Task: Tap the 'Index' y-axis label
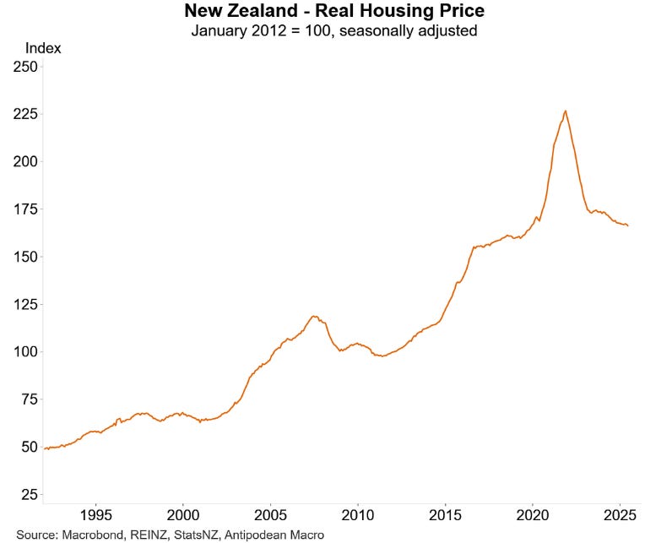tap(43, 48)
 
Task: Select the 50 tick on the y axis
tap(27, 447)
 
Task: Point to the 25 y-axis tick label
tap(27, 494)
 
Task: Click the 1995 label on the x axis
tap(96, 515)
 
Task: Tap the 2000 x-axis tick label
tap(183, 515)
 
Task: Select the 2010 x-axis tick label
tap(358, 515)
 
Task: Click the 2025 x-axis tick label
tap(620, 515)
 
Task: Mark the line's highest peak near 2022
tap(565, 111)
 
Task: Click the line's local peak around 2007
tap(314, 317)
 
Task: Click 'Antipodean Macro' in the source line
tap(274, 535)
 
